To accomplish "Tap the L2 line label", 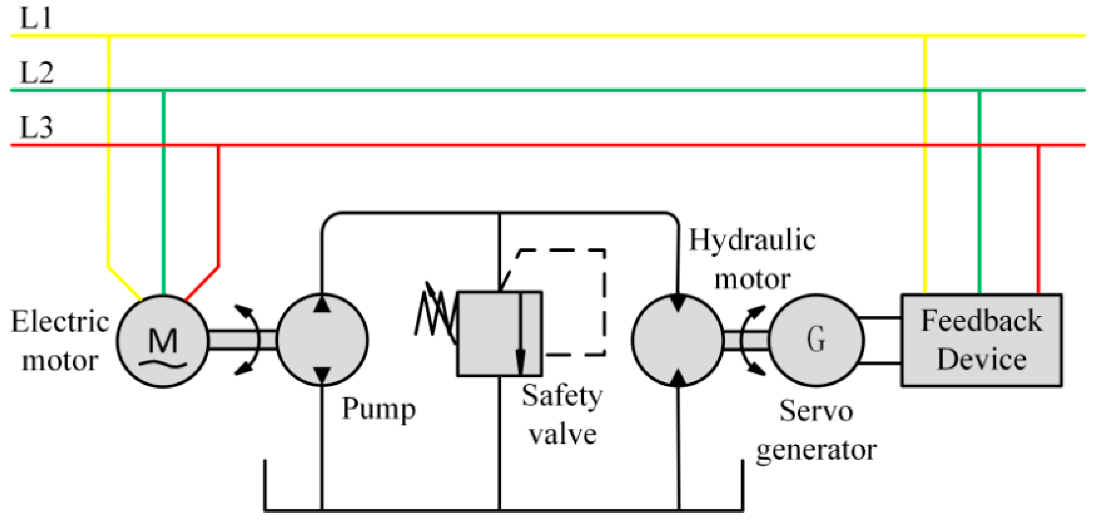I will (x=37, y=73).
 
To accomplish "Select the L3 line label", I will (x=37, y=127).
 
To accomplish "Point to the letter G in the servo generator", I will (x=816, y=340).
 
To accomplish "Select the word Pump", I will (x=379, y=409).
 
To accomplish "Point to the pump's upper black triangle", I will (x=322, y=305).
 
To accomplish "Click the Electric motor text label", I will (x=60, y=341).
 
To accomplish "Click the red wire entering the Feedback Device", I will (x=1038, y=221).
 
